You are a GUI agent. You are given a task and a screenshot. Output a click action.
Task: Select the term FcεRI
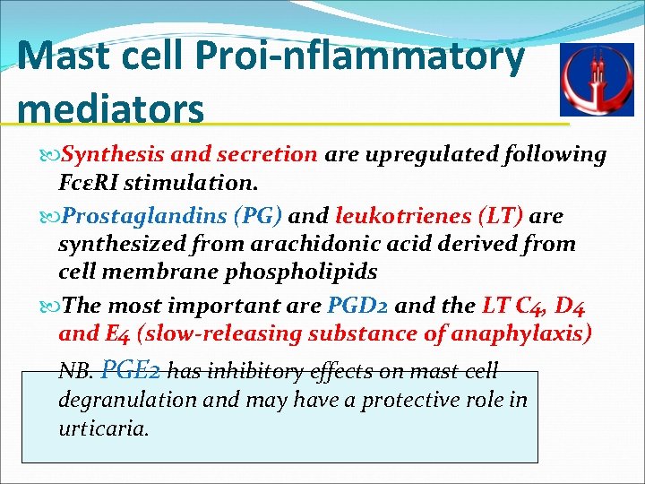89,184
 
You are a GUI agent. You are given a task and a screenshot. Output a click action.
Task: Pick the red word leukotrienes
400,215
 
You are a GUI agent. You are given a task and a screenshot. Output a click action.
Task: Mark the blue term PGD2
357,305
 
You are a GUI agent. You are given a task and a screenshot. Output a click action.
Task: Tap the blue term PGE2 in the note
133,369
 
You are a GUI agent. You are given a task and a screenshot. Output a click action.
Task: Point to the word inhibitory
254,370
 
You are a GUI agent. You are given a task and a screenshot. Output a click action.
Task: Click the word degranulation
126,400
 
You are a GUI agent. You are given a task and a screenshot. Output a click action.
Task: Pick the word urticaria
102,428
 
